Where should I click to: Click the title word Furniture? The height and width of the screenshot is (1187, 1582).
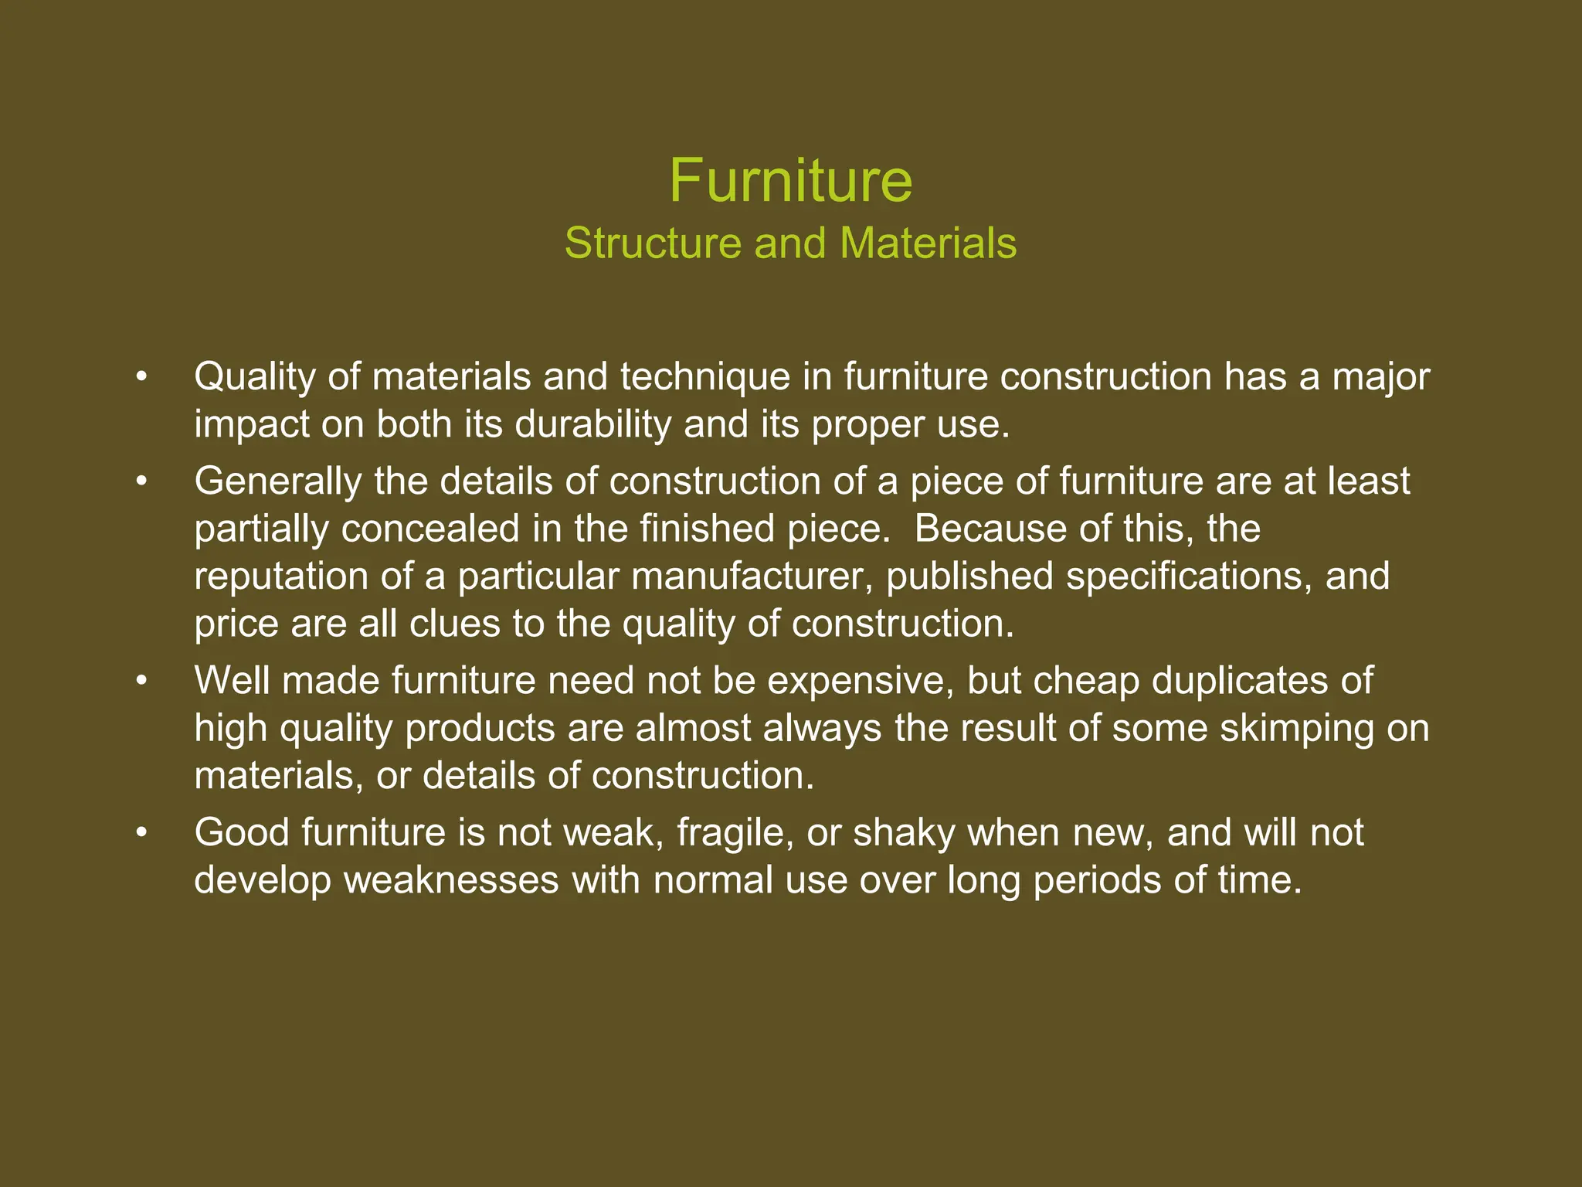pyautogui.click(x=790, y=181)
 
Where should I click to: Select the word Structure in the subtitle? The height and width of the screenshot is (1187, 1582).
pyautogui.click(x=654, y=243)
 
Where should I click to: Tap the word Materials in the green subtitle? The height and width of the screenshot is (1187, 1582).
pyautogui.click(x=928, y=243)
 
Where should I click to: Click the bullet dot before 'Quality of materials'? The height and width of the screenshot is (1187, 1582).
pyautogui.click(x=141, y=378)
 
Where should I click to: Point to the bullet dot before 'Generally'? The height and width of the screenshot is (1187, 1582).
pyautogui.click(x=141, y=482)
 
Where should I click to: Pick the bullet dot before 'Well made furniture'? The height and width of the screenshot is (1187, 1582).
pyautogui.click(x=141, y=682)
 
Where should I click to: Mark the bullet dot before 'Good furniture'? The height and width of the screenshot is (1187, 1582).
pyautogui.click(x=141, y=833)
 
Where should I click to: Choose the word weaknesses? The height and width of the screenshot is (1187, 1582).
pyautogui.click(x=451, y=880)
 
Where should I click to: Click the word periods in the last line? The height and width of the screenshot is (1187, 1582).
pyautogui.click(x=1097, y=880)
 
